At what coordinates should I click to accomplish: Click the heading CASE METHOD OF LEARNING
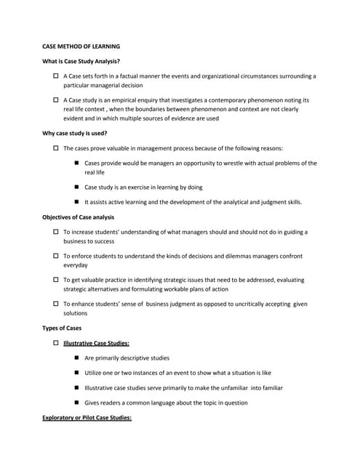[x=81, y=46]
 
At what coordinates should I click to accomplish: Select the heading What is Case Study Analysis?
[x=81, y=61]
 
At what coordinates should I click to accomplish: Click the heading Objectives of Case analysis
[x=79, y=217]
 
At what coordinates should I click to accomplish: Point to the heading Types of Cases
[x=63, y=328]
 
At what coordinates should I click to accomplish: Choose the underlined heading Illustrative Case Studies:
[x=97, y=342]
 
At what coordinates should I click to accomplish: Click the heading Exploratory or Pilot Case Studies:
[x=87, y=418]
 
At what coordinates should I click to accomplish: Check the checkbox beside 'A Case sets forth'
[x=57, y=76]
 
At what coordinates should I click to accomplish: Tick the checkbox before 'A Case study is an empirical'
[x=57, y=100]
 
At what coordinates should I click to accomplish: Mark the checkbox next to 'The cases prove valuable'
[x=57, y=148]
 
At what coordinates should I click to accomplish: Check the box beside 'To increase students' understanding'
[x=57, y=232]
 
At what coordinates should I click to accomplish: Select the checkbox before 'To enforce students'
[x=57, y=256]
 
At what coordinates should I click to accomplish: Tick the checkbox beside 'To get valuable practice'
[x=57, y=280]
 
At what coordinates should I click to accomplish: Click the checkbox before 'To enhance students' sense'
[x=57, y=304]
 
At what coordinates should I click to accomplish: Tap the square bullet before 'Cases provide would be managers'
[x=77, y=163]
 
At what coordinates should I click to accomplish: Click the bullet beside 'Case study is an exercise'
[x=77, y=187]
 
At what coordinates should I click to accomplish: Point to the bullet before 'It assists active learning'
[x=77, y=202]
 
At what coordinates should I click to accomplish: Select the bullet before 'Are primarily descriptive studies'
[x=77, y=358]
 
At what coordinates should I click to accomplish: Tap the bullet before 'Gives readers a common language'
[x=77, y=403]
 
